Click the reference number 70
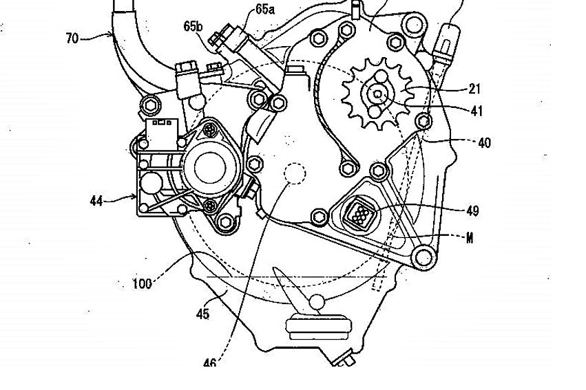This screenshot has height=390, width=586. coord(72,39)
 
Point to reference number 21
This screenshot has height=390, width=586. coord(475,89)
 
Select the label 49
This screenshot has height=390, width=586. coord(472,210)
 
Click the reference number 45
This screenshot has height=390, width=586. coord(202,314)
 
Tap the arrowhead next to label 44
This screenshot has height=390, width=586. coord(133,199)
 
